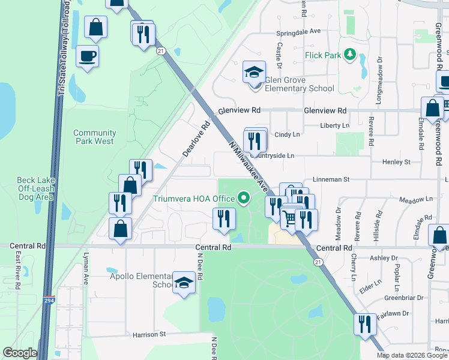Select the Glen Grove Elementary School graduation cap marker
coord(254,73)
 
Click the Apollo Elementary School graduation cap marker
coord(183,283)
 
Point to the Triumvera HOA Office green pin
coord(243,197)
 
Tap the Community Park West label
coord(94,137)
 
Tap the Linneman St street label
coord(330,179)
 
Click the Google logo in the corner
coord(20,353)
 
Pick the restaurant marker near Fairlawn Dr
coord(364,325)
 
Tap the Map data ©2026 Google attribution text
coord(412,355)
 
